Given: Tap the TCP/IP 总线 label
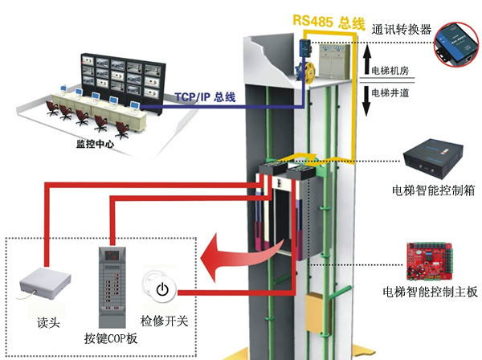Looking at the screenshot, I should click(x=206, y=97).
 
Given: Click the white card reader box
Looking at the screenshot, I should click(x=41, y=284).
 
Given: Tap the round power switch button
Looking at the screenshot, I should click(x=162, y=288).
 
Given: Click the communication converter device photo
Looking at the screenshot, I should click(x=455, y=43).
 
